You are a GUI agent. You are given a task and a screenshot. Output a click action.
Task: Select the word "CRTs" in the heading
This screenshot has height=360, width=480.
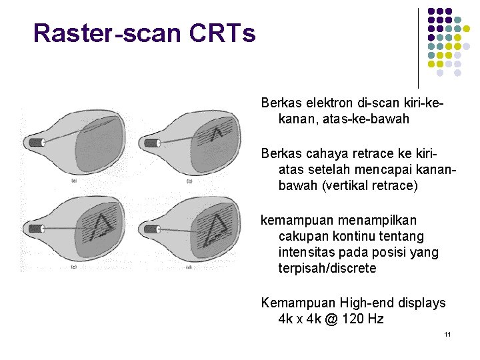229,33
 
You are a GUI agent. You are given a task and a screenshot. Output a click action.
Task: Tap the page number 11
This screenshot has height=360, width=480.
448,333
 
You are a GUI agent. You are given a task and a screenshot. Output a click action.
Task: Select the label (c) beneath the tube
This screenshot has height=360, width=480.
73,267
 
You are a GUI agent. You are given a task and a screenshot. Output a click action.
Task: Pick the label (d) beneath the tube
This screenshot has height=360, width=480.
189,267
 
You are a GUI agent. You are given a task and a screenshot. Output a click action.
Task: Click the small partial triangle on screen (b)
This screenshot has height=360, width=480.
217,135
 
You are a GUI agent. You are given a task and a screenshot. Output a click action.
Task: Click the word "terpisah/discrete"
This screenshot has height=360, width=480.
327,268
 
